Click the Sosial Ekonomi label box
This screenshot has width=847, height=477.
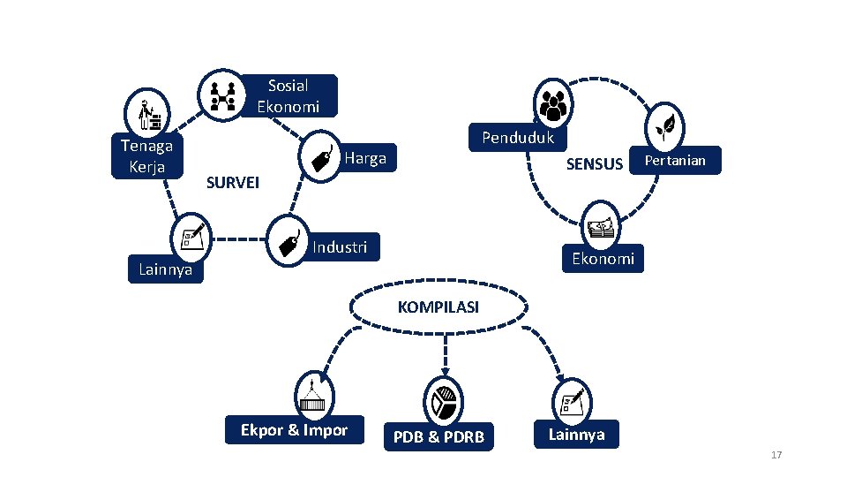[x=289, y=95]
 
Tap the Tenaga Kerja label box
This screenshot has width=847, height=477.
[x=147, y=155]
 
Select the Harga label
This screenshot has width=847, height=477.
[x=365, y=158]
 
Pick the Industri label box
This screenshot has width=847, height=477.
[x=341, y=247]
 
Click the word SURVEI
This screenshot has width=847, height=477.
[x=233, y=183]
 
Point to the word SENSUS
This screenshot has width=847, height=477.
[x=594, y=164]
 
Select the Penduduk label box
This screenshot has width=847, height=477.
[x=518, y=138]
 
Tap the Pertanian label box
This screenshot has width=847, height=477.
[x=675, y=160]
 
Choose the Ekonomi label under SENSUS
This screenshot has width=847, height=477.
[x=603, y=259]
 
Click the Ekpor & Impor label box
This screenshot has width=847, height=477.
[x=295, y=430]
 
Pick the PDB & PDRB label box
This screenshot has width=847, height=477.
[x=438, y=436]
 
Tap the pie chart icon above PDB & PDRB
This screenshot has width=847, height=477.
[x=444, y=403]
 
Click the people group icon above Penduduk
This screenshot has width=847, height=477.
[x=553, y=104]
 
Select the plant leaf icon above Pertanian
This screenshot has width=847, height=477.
[x=665, y=128]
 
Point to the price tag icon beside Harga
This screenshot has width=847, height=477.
[x=320, y=157]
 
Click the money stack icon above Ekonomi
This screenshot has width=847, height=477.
[x=601, y=228]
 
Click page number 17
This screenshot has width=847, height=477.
[x=776, y=455]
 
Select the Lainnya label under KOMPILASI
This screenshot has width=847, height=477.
[x=576, y=435]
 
